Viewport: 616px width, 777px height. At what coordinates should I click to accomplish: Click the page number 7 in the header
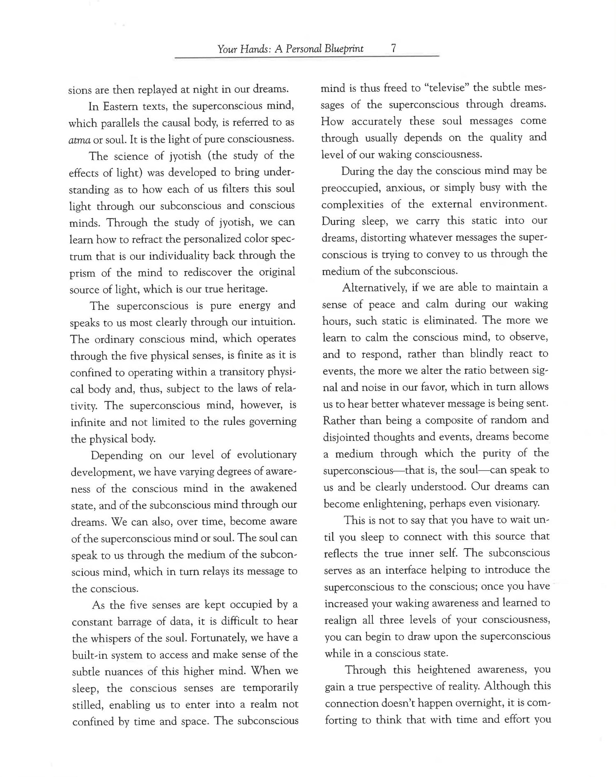(x=393, y=48)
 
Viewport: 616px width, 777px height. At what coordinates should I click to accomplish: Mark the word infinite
(x=87, y=422)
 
